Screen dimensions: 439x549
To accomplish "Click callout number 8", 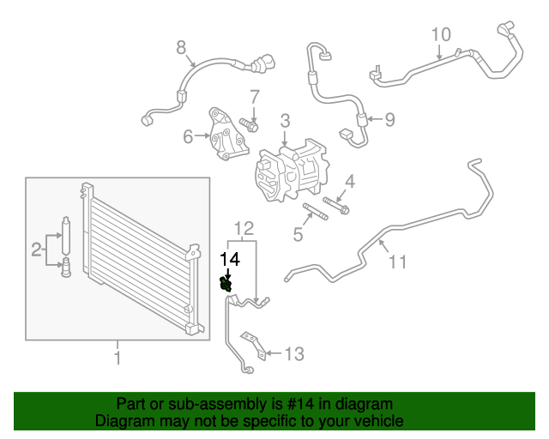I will click(x=181, y=48).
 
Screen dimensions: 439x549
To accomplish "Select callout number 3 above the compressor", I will click(x=284, y=122).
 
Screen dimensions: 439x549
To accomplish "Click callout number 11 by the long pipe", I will click(x=397, y=262).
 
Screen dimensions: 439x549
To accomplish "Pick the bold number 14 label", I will click(x=229, y=257).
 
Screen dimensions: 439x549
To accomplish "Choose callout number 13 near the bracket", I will click(x=294, y=352).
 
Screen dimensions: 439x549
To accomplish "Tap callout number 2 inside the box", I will click(x=36, y=250).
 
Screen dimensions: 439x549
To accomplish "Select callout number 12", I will click(x=244, y=228).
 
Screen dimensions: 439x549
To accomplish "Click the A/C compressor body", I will click(x=291, y=171).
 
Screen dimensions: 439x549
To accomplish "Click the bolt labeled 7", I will click(x=250, y=126).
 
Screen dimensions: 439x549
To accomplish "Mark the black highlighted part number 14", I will click(x=227, y=283).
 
